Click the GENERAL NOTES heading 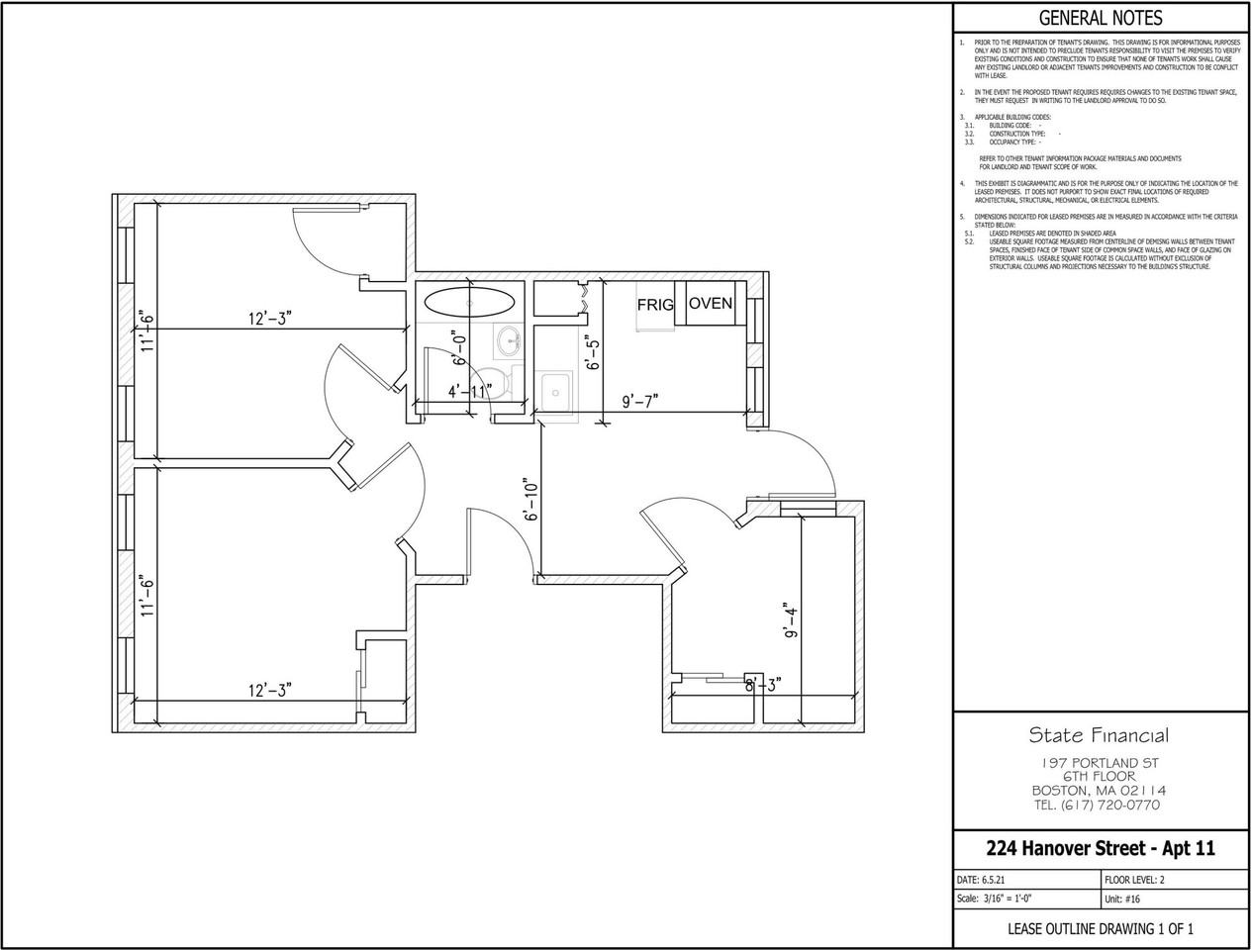(x=1100, y=18)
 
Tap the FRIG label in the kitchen (x=654, y=305)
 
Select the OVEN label (x=711, y=303)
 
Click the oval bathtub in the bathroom (x=469, y=301)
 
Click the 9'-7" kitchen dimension (x=639, y=401)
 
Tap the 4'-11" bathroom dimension (x=469, y=391)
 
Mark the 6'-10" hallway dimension (x=531, y=500)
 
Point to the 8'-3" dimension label (x=763, y=683)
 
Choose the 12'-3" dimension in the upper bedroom (x=269, y=318)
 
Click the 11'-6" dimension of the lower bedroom (x=147, y=596)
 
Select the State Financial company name (x=1099, y=734)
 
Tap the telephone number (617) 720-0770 (x=1099, y=805)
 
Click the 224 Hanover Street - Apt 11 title (x=1100, y=848)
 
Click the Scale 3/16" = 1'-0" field (x=1003, y=900)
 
